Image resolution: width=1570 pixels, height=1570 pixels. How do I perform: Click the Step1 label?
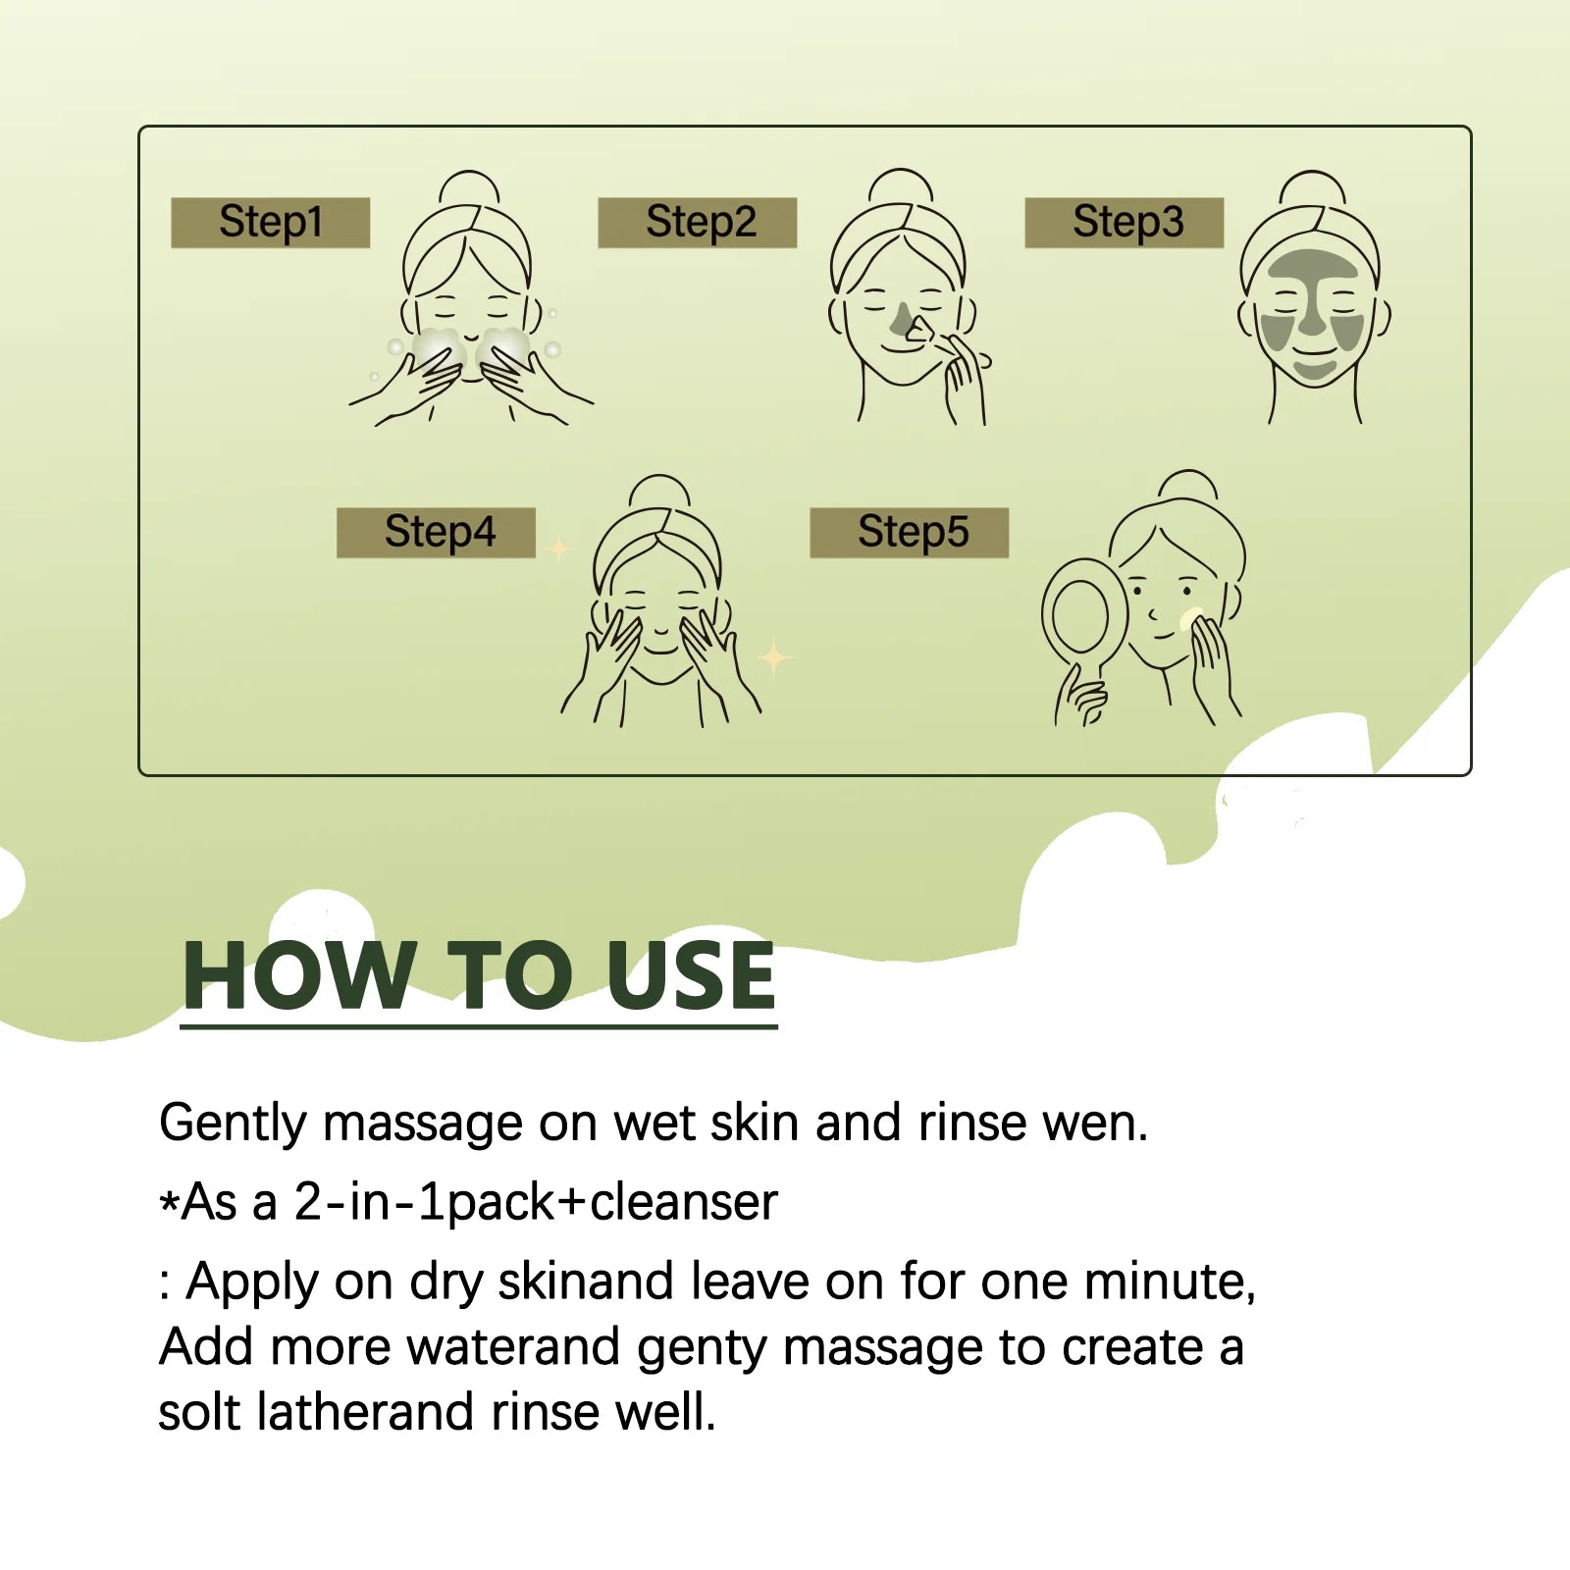point(271,223)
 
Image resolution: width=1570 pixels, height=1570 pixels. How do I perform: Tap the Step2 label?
point(698,223)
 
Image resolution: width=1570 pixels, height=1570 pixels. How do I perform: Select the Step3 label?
point(1125,223)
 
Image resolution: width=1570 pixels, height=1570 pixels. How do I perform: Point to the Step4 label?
point(437,533)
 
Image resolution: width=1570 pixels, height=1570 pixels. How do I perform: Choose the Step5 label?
point(910,533)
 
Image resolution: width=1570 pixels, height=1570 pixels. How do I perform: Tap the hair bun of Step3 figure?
point(1313,189)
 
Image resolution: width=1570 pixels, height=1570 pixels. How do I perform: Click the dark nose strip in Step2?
point(902,319)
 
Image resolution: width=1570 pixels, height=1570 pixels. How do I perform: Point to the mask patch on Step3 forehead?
point(1310,265)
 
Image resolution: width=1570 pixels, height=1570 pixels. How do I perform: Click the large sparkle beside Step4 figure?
point(775,656)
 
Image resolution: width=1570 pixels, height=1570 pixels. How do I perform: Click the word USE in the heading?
point(691,975)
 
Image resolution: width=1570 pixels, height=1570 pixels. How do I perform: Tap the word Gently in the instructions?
point(233,1124)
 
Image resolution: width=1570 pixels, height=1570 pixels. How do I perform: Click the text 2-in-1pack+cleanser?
point(536,1203)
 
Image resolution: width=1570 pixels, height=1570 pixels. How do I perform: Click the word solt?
point(199,1413)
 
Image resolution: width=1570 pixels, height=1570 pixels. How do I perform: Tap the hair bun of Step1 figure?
point(469,189)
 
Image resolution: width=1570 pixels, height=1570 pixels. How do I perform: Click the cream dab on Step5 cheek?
point(1191,619)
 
